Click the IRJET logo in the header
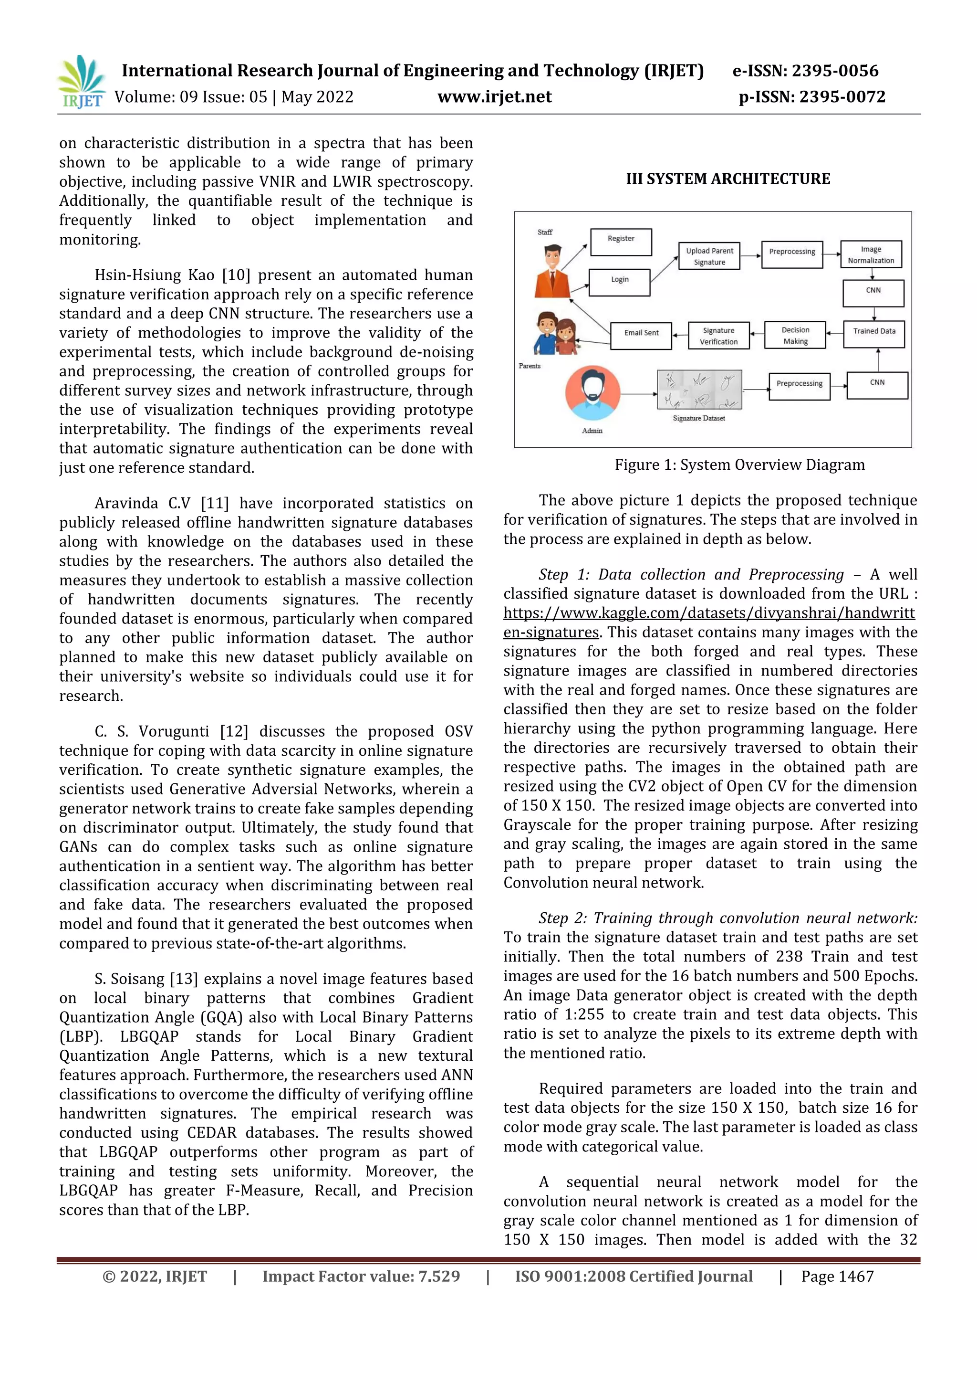coord(81,82)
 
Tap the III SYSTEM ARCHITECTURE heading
coord(728,179)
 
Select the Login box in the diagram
coord(620,282)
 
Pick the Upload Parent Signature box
coord(709,256)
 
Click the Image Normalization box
coord(871,254)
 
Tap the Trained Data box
coord(873,331)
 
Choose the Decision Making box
coord(795,335)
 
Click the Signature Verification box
coord(718,335)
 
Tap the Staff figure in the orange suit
coord(553,270)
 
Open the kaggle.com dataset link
coord(709,613)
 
